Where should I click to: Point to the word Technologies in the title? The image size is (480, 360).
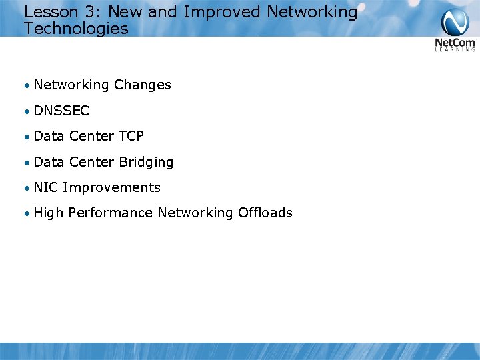[x=76, y=29]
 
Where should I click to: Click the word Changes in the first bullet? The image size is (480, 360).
[x=142, y=85]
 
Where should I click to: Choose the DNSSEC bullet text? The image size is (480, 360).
[x=61, y=111]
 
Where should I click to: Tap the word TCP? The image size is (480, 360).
[x=131, y=136]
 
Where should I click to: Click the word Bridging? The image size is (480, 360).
[x=146, y=162]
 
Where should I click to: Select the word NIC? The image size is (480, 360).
[x=45, y=187]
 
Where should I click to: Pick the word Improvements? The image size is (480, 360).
[x=111, y=187]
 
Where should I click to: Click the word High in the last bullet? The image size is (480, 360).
[x=48, y=213]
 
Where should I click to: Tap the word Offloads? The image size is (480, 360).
[x=265, y=213]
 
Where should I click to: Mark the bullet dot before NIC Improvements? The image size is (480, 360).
[x=26, y=188]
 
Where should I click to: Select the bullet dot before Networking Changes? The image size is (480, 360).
[x=26, y=85]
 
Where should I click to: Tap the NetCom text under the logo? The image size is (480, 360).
[x=455, y=43]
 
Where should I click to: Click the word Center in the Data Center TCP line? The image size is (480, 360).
[x=91, y=136]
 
